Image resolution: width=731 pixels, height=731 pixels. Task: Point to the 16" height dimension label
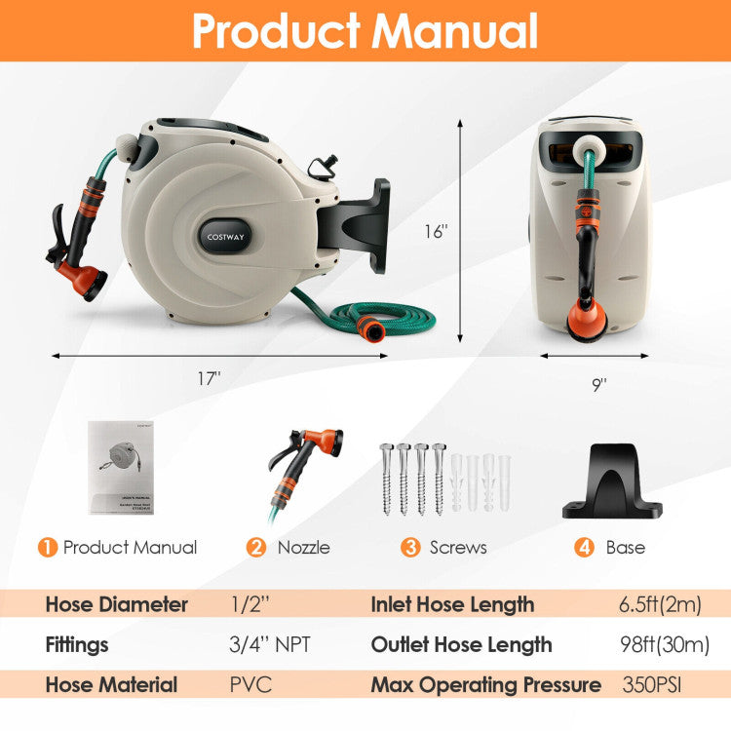point(435,232)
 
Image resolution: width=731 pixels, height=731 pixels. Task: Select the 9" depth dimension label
point(597,383)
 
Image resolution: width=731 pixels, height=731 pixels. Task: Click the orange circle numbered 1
point(47,547)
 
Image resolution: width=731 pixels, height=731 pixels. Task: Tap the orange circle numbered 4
point(585,547)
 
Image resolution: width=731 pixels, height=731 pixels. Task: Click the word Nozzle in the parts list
point(303,548)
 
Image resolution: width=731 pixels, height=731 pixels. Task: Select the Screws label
point(458,548)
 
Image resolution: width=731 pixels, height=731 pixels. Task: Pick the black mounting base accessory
point(612,483)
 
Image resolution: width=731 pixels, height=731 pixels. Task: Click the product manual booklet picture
point(123,467)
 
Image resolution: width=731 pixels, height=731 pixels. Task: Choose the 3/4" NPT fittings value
point(272,644)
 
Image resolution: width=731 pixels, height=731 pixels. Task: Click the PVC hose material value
point(250,684)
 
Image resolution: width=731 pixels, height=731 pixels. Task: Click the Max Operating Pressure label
point(485,684)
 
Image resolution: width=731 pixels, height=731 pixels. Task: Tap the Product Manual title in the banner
point(365,30)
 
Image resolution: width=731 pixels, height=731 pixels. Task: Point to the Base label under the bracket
point(625,548)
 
